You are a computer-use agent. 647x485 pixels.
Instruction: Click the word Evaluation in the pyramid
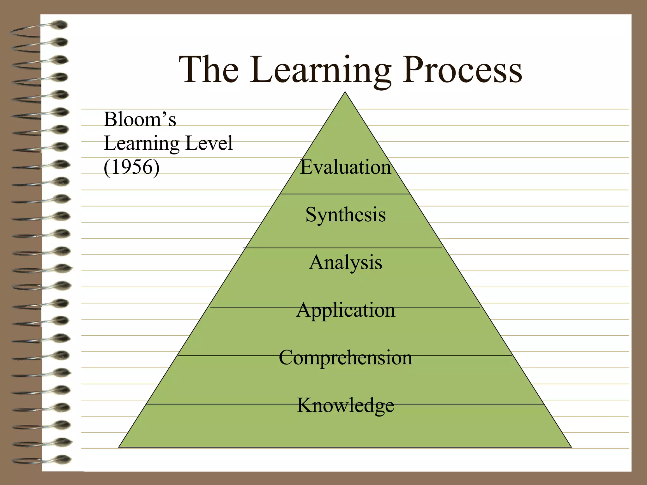click(x=345, y=167)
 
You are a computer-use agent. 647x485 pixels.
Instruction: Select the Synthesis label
click(x=345, y=215)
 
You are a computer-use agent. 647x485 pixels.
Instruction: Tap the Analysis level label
click(x=345, y=262)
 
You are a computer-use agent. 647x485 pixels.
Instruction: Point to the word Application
click(x=345, y=310)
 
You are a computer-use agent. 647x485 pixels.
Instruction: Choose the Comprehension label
click(x=345, y=358)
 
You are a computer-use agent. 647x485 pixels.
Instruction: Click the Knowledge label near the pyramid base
click(x=345, y=405)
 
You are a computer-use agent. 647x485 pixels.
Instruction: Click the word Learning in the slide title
click(x=321, y=70)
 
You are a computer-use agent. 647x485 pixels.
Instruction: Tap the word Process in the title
click(x=462, y=70)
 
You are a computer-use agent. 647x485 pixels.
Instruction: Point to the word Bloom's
click(x=140, y=120)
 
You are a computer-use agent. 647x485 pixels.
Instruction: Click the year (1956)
click(x=131, y=167)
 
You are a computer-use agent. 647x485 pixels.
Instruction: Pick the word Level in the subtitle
click(x=209, y=143)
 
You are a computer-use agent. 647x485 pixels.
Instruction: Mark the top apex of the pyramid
click(x=345, y=93)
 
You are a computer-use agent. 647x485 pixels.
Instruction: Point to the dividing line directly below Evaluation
click(x=345, y=194)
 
